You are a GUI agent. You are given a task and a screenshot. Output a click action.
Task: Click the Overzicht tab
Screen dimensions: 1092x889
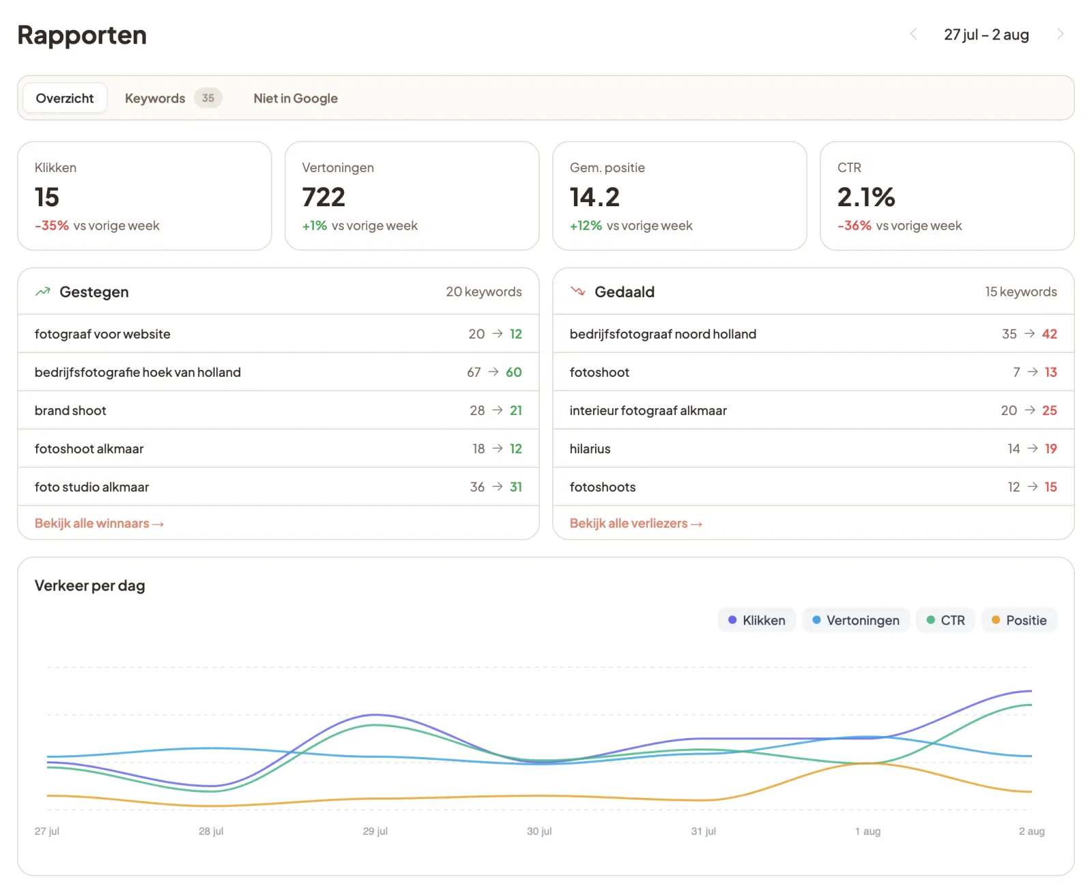point(65,98)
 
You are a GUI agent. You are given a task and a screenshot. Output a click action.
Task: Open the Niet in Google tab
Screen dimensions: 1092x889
point(296,98)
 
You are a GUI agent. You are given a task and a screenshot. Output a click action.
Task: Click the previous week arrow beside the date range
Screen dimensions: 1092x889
point(913,34)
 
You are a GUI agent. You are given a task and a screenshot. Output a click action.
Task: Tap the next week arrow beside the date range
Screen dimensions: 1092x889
point(1060,34)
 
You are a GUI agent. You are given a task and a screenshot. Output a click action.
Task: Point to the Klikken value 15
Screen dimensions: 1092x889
point(46,197)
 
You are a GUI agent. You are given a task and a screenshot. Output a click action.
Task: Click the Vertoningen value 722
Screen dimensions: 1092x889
point(324,197)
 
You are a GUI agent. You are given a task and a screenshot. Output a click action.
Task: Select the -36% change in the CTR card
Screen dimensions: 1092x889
point(854,225)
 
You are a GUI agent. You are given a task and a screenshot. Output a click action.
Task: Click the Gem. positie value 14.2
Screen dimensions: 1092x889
point(594,197)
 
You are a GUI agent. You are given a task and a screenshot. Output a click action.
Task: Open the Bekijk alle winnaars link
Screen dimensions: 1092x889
point(100,523)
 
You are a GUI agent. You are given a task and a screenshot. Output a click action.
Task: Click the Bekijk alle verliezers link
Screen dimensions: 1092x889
point(635,523)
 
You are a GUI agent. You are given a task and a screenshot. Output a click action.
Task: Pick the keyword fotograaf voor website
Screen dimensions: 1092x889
point(102,334)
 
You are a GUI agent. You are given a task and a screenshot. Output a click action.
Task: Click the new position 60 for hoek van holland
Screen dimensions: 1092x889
point(514,372)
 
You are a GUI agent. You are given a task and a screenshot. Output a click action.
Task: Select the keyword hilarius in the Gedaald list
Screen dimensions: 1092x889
point(590,449)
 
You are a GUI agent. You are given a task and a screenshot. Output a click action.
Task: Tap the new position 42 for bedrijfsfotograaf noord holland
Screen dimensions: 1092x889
point(1049,334)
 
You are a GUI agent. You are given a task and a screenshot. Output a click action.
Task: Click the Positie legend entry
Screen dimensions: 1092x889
point(1019,620)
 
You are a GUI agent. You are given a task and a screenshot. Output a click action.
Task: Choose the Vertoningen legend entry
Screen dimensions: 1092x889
point(856,620)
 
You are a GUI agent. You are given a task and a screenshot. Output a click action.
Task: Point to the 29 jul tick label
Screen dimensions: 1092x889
point(375,831)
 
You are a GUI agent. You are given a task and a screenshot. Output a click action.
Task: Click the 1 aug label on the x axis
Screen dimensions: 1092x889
point(867,831)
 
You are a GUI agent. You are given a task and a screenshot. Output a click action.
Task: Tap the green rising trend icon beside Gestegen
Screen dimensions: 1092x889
point(42,292)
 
